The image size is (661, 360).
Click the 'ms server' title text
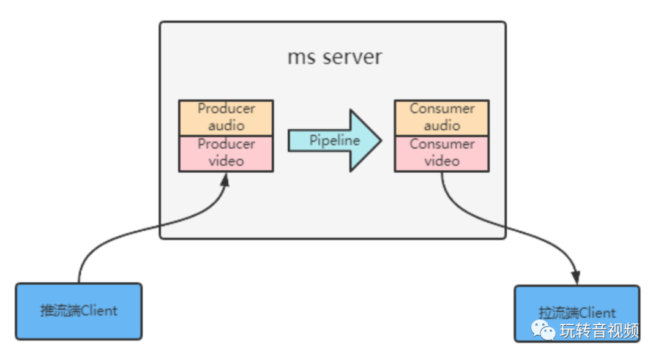[334, 57]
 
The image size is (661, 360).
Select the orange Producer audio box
[226, 117]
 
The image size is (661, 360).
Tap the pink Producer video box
[226, 153]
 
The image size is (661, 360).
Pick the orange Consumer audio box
[442, 117]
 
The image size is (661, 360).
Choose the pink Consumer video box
[442, 153]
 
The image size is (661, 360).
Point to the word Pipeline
[334, 140]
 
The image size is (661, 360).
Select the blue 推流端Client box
[79, 310]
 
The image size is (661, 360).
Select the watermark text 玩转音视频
[599, 331]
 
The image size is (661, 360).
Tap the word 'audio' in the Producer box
[226, 126]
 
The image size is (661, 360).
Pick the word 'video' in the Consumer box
[442, 161]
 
